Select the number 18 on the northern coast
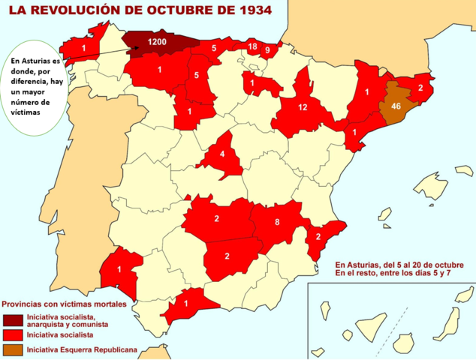(x=252, y=46)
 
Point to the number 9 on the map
(x=268, y=50)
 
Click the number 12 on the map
(x=303, y=107)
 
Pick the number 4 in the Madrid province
(x=221, y=155)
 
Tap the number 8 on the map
(x=277, y=222)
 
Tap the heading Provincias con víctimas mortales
(x=68, y=305)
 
